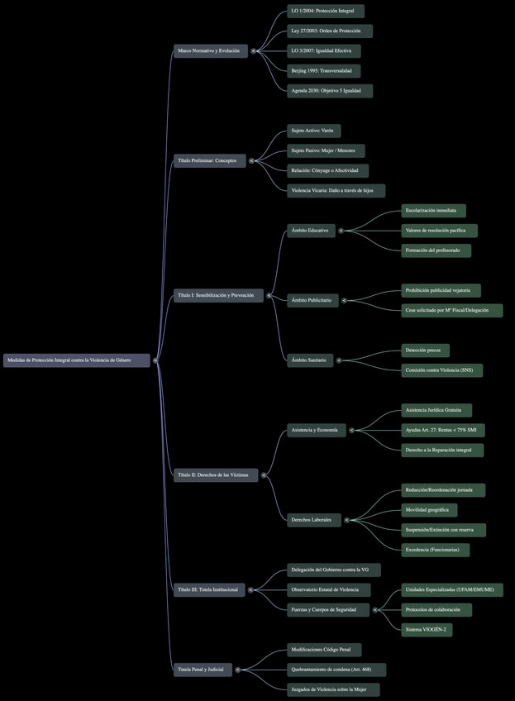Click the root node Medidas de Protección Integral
[x=76, y=360]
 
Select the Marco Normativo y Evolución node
[x=210, y=50]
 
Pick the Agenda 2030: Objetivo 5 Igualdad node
[x=329, y=91]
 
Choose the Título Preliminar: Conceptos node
[x=209, y=160]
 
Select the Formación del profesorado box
[x=436, y=250]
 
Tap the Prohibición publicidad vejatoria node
[x=441, y=291]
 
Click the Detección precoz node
[x=425, y=350]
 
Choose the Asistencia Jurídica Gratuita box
[x=436, y=410]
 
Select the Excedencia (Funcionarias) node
[x=435, y=550]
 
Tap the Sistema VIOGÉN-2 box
[x=427, y=630]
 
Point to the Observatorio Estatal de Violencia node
[x=328, y=589]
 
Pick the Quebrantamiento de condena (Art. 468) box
[x=336, y=670]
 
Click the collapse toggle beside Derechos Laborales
[x=347, y=520]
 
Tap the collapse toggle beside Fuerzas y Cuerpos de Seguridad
[x=376, y=610]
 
